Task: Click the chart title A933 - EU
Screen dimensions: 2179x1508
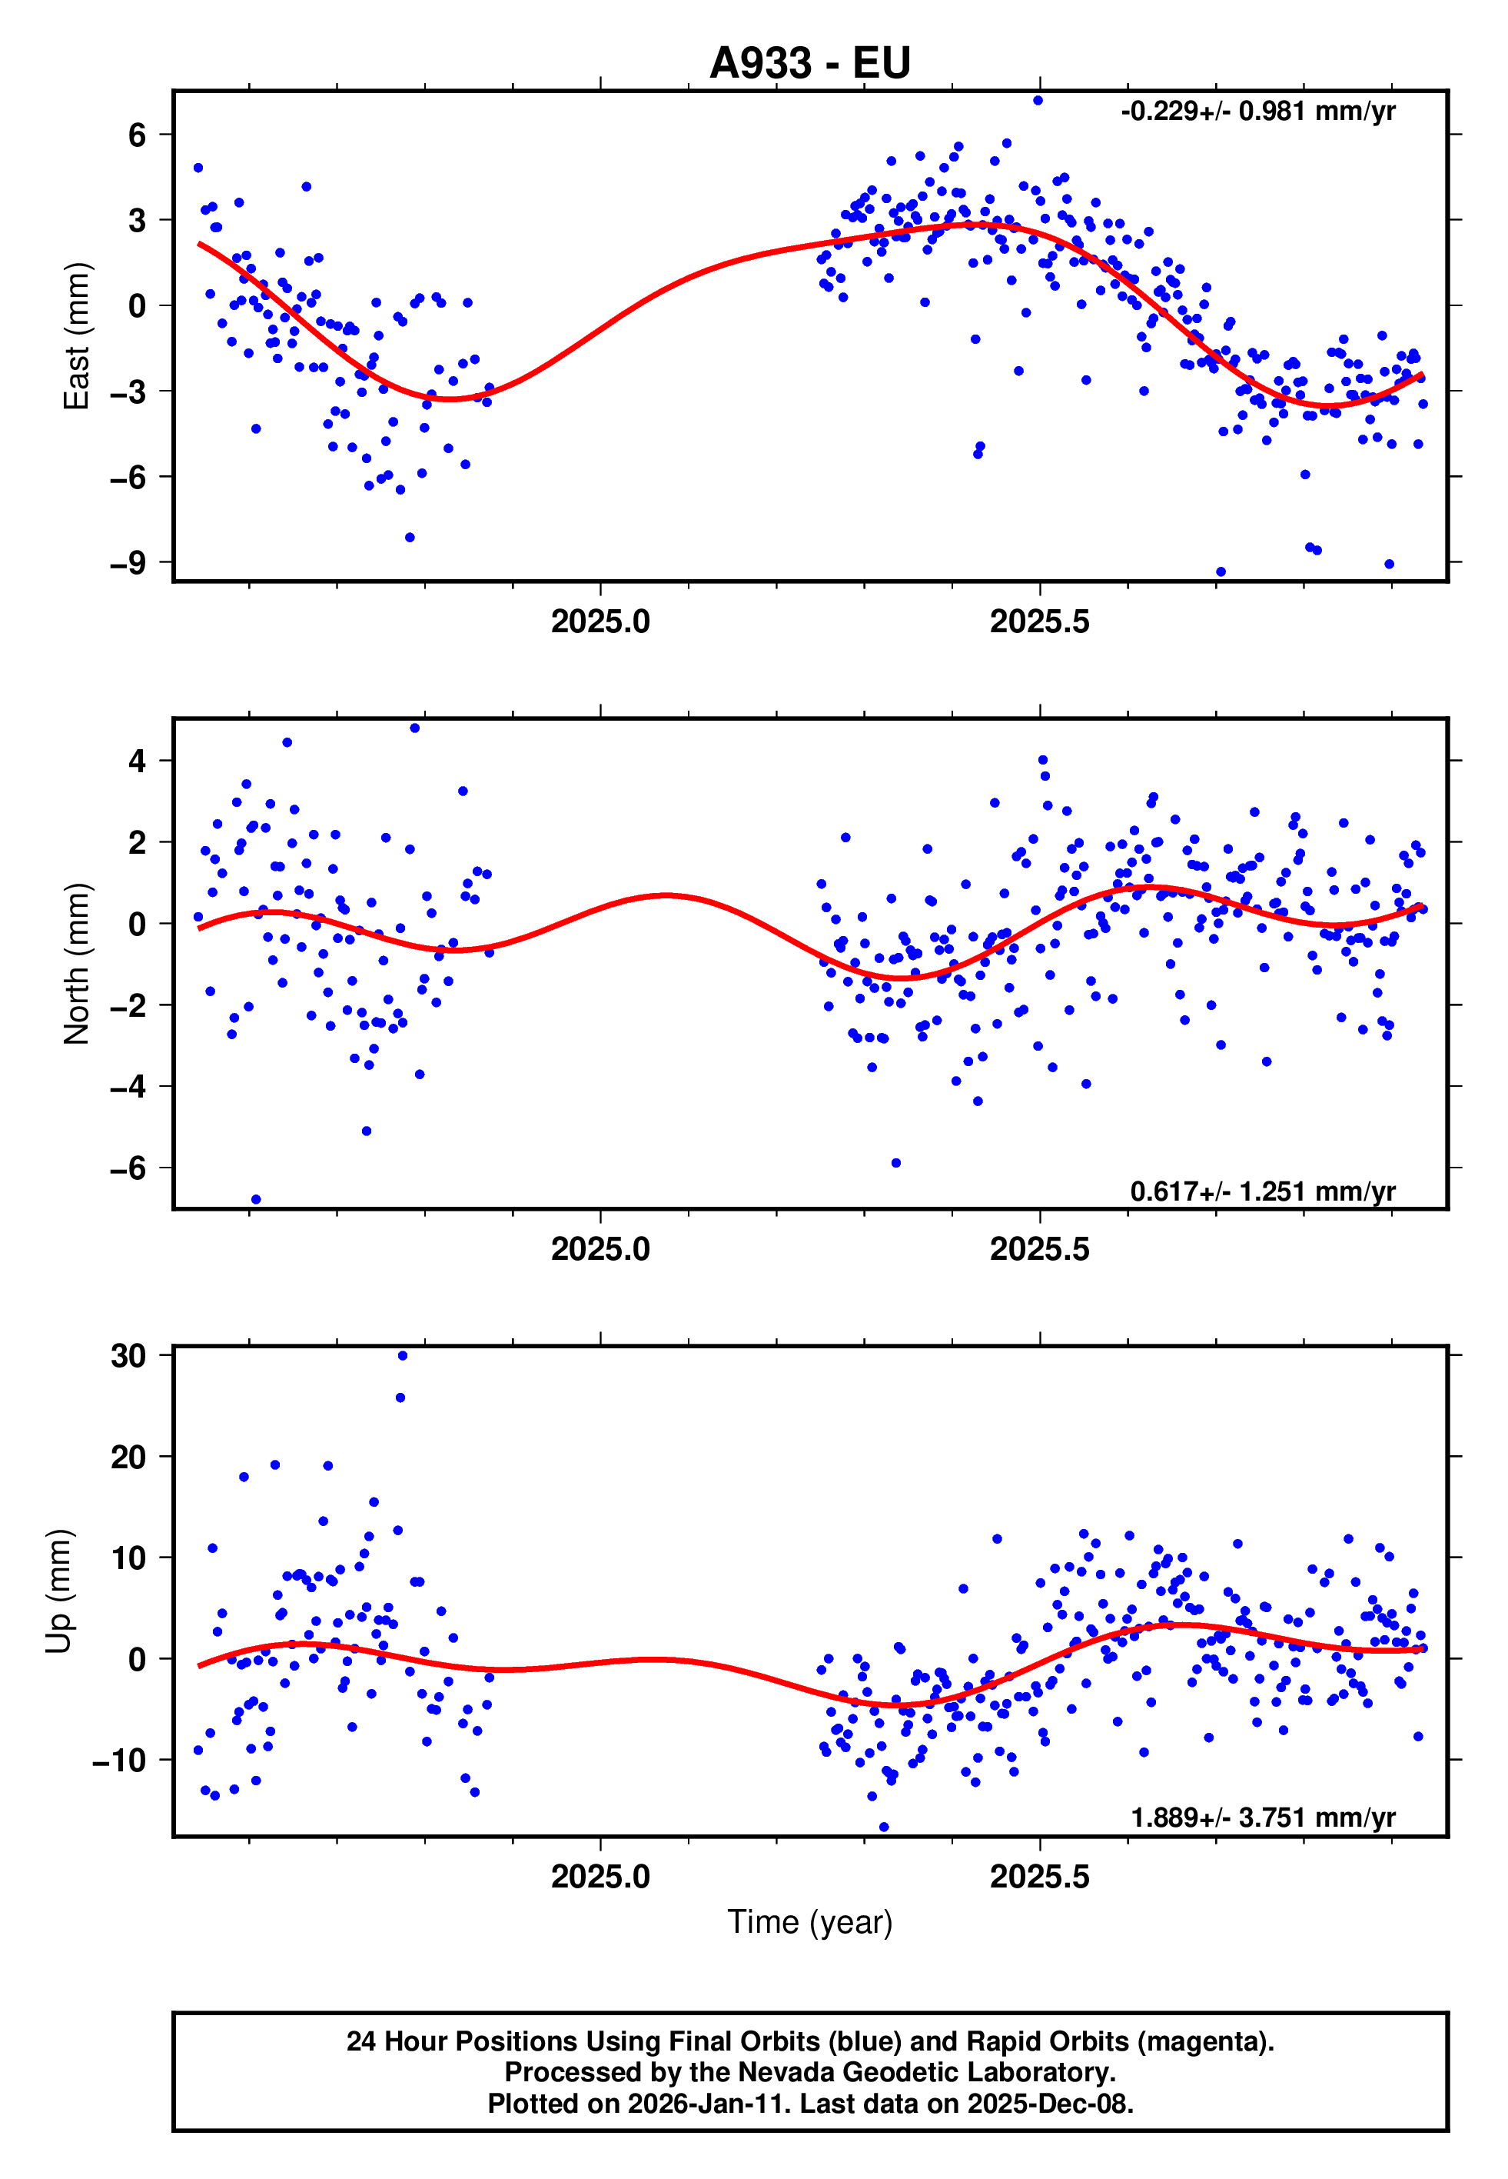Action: pyautogui.click(x=810, y=63)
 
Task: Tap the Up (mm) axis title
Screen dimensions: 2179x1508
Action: pyautogui.click(x=58, y=1591)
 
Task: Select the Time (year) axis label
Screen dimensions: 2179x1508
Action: pyautogui.click(x=810, y=1922)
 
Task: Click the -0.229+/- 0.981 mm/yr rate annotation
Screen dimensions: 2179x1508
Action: pyautogui.click(x=1257, y=112)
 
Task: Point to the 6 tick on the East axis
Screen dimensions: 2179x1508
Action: pyautogui.click(x=138, y=135)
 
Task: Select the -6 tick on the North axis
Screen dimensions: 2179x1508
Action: pyautogui.click(x=128, y=1168)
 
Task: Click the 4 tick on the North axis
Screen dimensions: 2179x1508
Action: pyautogui.click(x=138, y=760)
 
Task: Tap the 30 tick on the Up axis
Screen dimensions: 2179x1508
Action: pyautogui.click(x=128, y=1355)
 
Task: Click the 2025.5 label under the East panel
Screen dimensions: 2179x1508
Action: pyautogui.click(x=1039, y=622)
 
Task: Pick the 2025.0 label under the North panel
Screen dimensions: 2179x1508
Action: pyautogui.click(x=600, y=1250)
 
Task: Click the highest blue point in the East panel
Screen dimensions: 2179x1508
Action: pyautogui.click(x=1038, y=100)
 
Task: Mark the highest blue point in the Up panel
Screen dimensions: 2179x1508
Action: pyautogui.click(x=403, y=1355)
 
